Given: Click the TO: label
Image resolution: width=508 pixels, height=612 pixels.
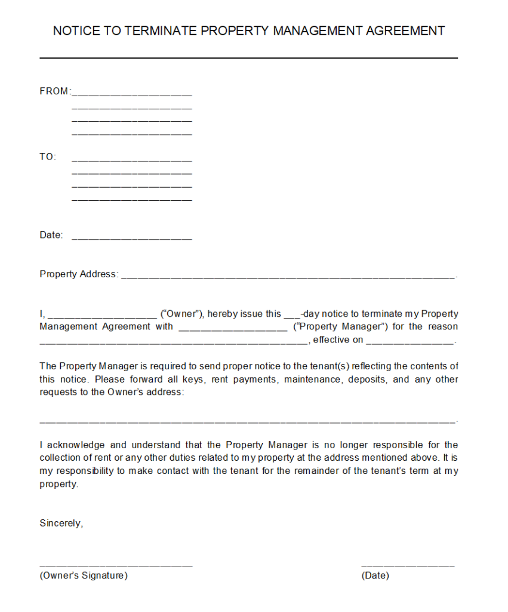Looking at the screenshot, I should [48, 157].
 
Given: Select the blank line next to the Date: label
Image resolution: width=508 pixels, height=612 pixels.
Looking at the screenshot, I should [131, 237].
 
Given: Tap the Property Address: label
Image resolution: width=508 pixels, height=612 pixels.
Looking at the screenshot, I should [79, 274].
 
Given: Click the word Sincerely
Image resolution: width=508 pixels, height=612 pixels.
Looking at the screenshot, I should [61, 524].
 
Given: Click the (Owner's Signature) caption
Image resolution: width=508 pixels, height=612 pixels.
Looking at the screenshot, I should [84, 576].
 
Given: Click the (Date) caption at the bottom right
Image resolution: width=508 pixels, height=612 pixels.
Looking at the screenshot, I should [375, 576].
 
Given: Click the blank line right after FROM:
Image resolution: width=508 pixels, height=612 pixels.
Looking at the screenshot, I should [131, 94].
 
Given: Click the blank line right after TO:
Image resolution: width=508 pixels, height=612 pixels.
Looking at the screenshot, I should [131, 160].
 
